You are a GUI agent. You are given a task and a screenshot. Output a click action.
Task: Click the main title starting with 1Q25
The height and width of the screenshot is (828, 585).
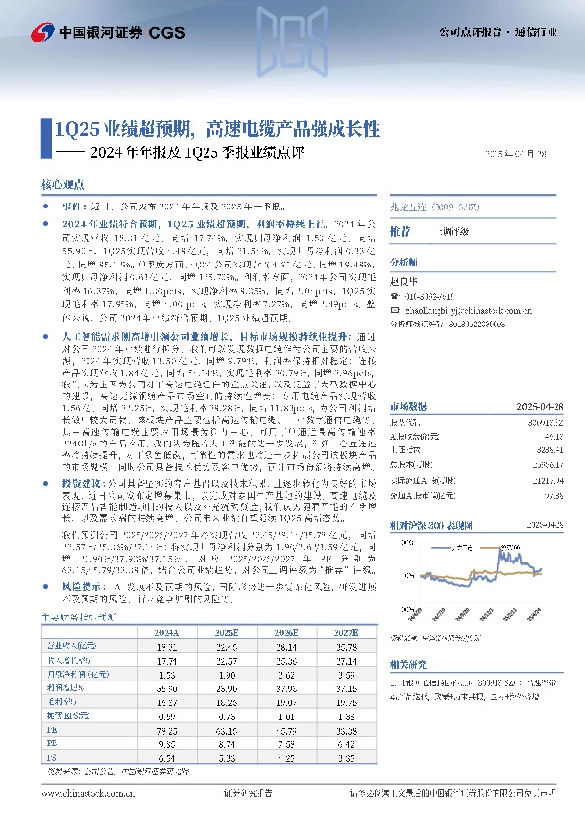(x=216, y=128)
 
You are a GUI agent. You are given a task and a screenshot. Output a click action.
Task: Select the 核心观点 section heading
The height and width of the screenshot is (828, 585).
(x=64, y=185)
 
